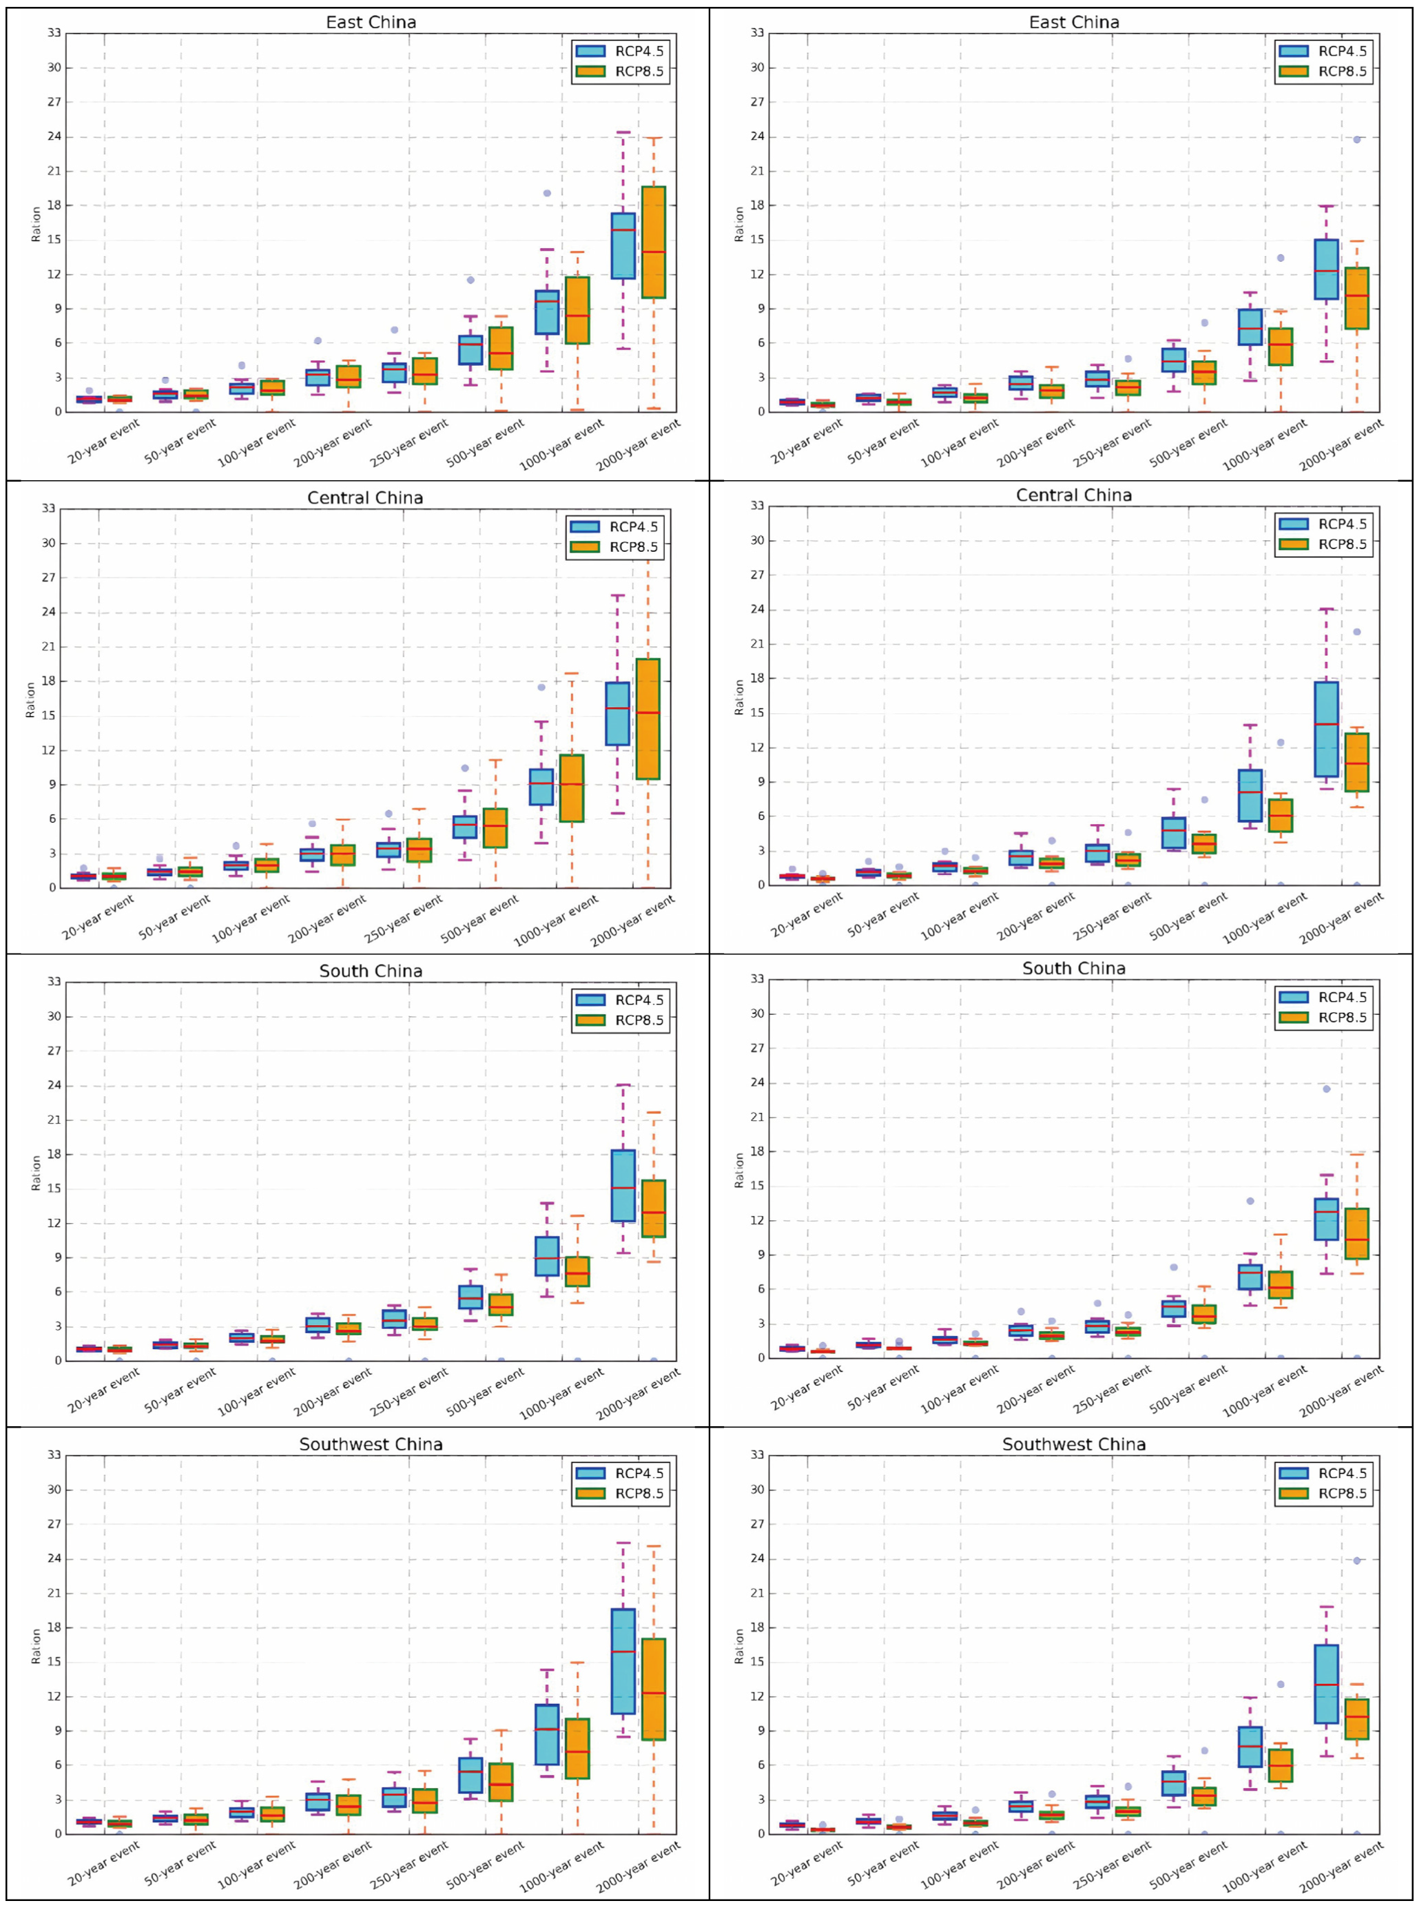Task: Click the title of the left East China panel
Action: point(371,22)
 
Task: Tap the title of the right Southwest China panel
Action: point(1074,1445)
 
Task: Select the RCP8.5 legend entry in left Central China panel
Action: point(614,547)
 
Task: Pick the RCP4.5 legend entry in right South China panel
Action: point(1322,997)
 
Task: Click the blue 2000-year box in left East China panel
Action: point(623,246)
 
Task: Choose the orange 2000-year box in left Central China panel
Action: point(648,719)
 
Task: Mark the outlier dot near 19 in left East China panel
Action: point(546,193)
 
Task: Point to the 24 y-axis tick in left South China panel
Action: point(54,1085)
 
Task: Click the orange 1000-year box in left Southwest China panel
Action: point(577,1748)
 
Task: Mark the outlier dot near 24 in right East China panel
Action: point(1357,139)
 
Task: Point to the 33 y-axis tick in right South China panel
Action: point(757,978)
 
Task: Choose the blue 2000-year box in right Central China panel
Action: point(1326,729)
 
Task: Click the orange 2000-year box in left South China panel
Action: point(654,1209)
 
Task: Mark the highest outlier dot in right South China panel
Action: point(1326,1089)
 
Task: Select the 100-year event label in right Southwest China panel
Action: point(959,1864)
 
